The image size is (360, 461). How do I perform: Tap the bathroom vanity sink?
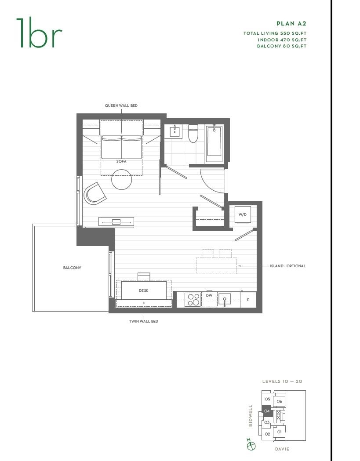(x=175, y=131)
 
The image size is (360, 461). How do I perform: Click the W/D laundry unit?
(x=242, y=214)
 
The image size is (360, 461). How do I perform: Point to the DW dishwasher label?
(x=209, y=296)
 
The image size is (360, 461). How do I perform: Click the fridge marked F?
(x=248, y=300)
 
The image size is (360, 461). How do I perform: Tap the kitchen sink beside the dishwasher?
(x=225, y=300)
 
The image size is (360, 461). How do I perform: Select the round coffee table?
(x=122, y=179)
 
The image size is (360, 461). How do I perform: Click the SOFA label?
(x=121, y=162)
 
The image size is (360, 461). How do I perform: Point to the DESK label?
(x=143, y=290)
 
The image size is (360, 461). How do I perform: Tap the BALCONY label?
(x=72, y=268)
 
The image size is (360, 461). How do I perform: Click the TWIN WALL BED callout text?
(x=143, y=321)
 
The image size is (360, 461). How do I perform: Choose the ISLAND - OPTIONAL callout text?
(x=287, y=266)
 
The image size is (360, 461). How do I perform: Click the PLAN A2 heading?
(x=291, y=23)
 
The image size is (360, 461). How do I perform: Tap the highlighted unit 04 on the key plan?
(x=267, y=411)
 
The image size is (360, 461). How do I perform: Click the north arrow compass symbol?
(x=251, y=446)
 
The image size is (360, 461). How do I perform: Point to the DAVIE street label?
(x=282, y=449)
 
